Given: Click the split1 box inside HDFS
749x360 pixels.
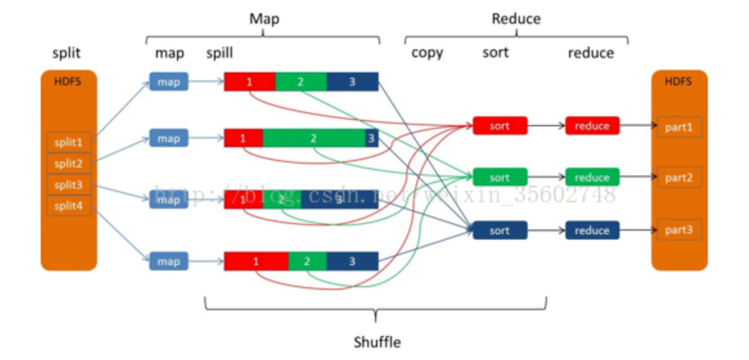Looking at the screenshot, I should (x=69, y=141).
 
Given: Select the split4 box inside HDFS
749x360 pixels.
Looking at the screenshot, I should (x=69, y=206).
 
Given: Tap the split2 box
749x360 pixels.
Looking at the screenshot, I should (x=69, y=163).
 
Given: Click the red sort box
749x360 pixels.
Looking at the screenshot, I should (x=500, y=126).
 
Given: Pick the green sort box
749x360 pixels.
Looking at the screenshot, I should (x=500, y=177).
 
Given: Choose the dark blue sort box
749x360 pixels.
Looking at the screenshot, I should (x=500, y=231).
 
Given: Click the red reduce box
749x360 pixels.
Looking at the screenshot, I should (x=591, y=126).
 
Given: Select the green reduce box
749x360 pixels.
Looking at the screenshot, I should (x=591, y=177).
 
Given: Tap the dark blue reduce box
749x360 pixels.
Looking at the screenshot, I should (x=591, y=231).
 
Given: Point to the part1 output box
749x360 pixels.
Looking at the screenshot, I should (x=679, y=127).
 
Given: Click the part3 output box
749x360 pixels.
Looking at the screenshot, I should (x=679, y=230).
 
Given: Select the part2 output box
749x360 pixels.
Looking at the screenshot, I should (x=679, y=178).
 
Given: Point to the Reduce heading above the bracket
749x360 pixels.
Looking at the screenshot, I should (x=516, y=19).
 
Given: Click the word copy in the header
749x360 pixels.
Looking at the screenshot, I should (x=428, y=53).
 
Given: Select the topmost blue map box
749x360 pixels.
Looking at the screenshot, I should (x=169, y=82).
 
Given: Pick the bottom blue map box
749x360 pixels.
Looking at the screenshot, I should (x=169, y=260).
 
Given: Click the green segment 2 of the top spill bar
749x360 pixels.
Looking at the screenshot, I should (x=301, y=82).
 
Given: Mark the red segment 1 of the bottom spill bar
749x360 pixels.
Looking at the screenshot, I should (x=256, y=261).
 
